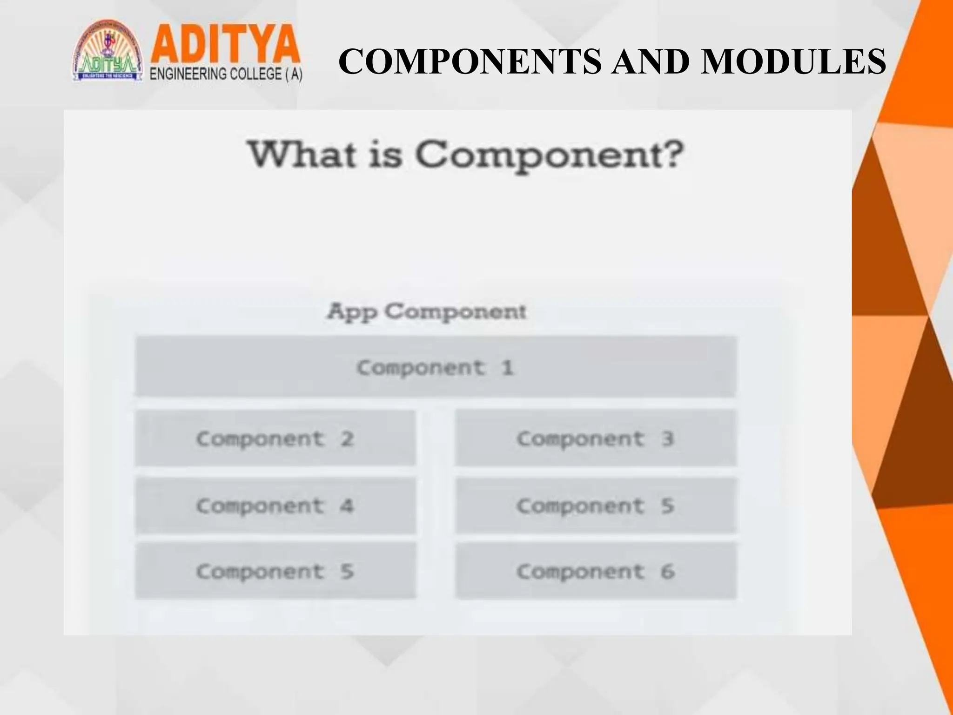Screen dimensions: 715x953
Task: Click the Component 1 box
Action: click(x=435, y=367)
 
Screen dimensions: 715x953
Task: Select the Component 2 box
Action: click(x=275, y=438)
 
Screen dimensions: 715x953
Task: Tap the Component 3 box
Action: click(x=596, y=438)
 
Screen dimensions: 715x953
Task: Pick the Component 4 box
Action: click(x=275, y=505)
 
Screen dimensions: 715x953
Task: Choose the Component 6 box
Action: click(x=596, y=571)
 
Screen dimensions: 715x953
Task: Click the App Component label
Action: click(x=427, y=311)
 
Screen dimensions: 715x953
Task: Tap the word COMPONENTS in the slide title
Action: click(x=470, y=61)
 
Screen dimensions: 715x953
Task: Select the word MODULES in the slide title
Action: click(x=793, y=61)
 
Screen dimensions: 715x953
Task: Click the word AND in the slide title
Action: click(x=650, y=61)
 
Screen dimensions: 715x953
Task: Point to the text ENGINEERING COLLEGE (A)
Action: click(x=226, y=74)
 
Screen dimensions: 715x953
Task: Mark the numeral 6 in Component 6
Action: click(x=668, y=571)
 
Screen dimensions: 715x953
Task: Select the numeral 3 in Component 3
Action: click(x=668, y=438)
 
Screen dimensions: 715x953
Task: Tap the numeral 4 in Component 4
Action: click(x=347, y=506)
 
